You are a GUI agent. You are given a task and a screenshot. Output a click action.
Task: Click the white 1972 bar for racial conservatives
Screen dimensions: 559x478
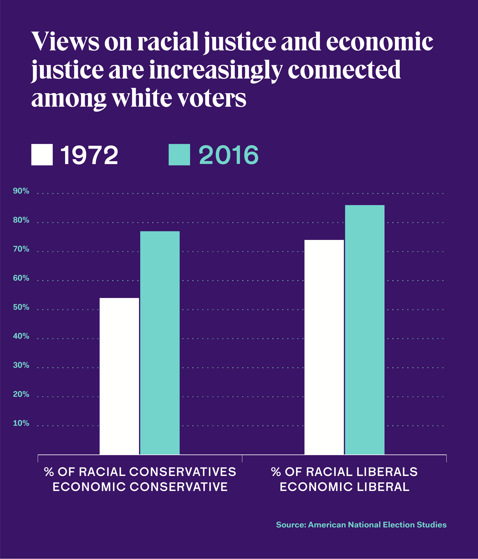coord(119,376)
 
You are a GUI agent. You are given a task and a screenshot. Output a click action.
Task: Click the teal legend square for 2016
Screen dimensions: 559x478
coord(179,155)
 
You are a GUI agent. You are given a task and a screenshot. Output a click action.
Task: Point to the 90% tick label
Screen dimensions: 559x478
coord(21,191)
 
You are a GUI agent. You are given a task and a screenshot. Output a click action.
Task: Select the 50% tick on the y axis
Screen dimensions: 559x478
coord(21,307)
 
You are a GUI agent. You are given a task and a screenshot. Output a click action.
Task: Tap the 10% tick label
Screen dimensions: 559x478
coord(21,423)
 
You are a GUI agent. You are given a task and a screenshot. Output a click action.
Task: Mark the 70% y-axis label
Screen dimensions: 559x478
coord(21,249)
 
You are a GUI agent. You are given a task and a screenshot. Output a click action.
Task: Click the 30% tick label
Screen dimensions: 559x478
coord(21,365)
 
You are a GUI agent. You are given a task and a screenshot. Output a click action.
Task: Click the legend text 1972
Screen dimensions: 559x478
coord(89,155)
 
